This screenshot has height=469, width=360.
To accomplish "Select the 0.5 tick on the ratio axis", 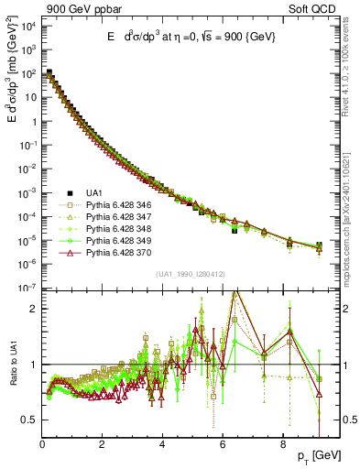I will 28,420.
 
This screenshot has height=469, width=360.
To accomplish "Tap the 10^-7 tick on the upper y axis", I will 28,289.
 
